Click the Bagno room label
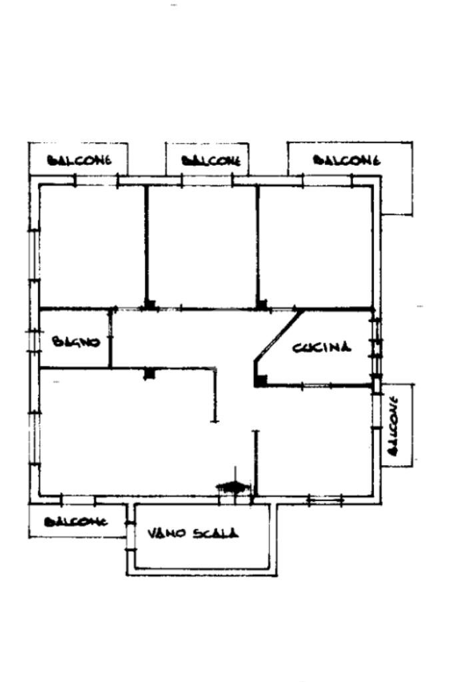pos(76,342)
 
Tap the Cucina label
pos(322,347)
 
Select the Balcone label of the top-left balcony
pos(78,160)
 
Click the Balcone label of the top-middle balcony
pos(211,160)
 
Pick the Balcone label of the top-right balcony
pos(346,160)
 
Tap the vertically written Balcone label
pos(393,426)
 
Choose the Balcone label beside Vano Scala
pos(75,522)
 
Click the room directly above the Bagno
pos(91,246)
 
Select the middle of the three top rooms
pos(201,246)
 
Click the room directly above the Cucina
pos(314,246)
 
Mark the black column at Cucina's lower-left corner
pos(262,380)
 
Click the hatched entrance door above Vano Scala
pos(230,488)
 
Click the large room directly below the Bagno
pos(120,432)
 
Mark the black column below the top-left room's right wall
pos(150,305)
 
